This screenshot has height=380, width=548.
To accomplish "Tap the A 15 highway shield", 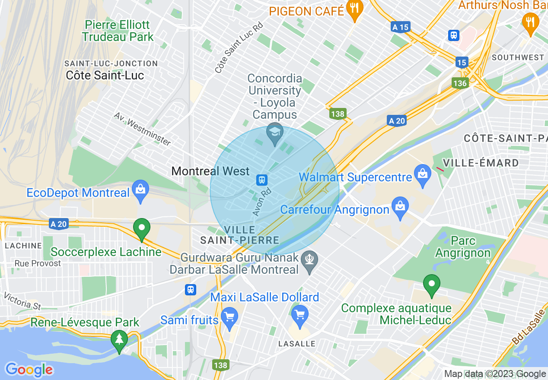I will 400,27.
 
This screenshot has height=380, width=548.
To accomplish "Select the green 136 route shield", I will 460,83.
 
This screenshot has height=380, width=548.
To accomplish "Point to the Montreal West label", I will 210,171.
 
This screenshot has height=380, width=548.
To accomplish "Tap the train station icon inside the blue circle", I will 261,179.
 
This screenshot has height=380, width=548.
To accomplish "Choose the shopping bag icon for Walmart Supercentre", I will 422,173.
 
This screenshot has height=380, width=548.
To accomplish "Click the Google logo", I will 29,370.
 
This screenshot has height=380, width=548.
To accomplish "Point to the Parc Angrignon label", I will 463,247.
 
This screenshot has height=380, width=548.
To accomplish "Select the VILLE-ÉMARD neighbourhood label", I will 487,163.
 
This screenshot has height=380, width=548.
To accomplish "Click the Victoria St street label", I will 22,301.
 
